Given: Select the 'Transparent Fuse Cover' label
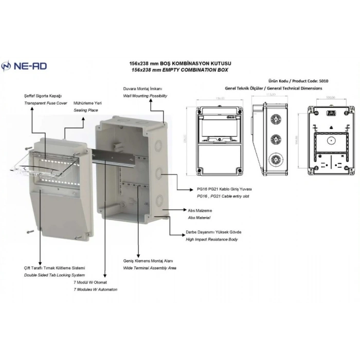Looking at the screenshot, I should pyautogui.click(x=46, y=103).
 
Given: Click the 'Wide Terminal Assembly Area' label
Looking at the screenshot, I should pyautogui.click(x=150, y=268).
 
